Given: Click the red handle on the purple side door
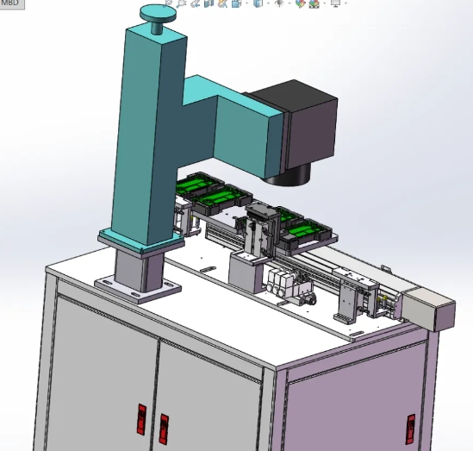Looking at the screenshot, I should pos(411,428).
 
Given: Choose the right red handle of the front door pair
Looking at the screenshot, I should pos(163,429).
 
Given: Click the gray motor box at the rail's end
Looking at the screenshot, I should pos(428,309).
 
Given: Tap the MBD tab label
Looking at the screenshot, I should pos(10,3).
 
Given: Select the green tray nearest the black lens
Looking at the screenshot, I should pos(219,197).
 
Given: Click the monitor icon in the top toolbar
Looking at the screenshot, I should pos(335,4).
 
